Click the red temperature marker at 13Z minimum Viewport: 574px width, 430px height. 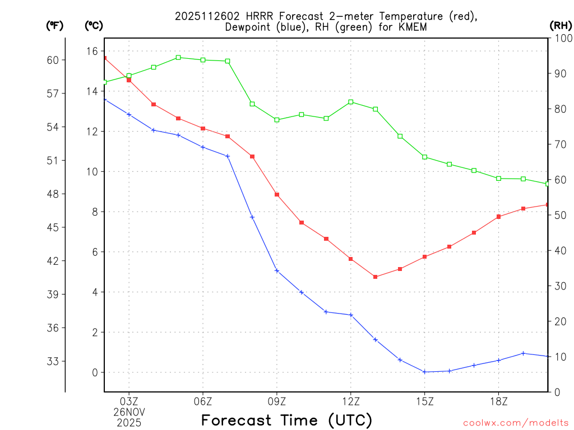(376, 277)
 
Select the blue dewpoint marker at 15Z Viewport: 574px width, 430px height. (424, 372)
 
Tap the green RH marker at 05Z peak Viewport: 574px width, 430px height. (178, 57)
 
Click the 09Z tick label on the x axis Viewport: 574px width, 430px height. (277, 401)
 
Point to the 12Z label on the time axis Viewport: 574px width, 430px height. (350, 401)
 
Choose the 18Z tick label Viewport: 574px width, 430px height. (498, 401)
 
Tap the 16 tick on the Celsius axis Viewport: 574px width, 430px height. (92, 51)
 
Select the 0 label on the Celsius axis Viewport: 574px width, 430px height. (95, 372)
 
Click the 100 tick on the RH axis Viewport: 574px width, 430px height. (562, 38)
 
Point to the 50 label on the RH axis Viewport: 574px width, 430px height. (559, 215)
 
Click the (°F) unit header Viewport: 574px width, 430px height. (55, 25)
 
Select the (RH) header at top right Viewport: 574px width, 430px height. (561, 25)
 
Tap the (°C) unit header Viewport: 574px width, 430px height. (94, 25)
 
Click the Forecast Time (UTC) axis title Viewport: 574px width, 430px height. (286, 420)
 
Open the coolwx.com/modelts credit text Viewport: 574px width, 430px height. (516, 423)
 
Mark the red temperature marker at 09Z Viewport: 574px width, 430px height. (277, 194)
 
